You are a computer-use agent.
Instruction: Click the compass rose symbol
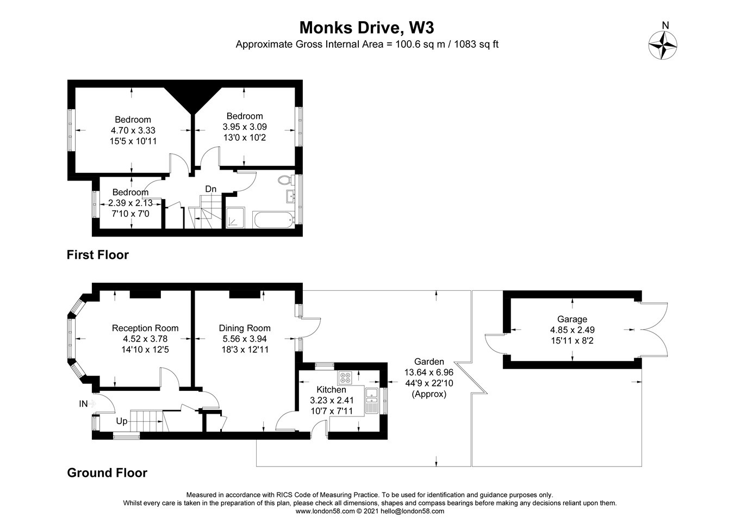[663, 46]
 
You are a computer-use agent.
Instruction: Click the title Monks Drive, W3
[366, 28]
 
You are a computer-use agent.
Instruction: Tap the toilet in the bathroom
[285, 180]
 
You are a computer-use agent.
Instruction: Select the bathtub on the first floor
[273, 219]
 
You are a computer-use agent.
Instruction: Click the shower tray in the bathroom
[235, 217]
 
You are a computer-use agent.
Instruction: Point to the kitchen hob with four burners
[345, 377]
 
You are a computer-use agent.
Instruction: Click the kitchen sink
[371, 401]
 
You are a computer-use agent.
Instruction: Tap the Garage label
[572, 319]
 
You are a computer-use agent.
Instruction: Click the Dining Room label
[245, 328]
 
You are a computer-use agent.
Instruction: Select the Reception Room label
[145, 328]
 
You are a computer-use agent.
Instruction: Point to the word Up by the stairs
[122, 421]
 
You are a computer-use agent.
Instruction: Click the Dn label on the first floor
[211, 189]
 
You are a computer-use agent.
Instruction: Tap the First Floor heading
[98, 255]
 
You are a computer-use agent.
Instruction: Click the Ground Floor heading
[107, 472]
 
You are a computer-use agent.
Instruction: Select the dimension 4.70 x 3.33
[133, 130]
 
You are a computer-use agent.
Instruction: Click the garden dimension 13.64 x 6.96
[429, 372]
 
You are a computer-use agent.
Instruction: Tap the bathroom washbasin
[290, 196]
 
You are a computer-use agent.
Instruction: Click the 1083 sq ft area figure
[476, 44]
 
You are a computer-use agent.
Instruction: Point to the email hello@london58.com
[412, 511]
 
